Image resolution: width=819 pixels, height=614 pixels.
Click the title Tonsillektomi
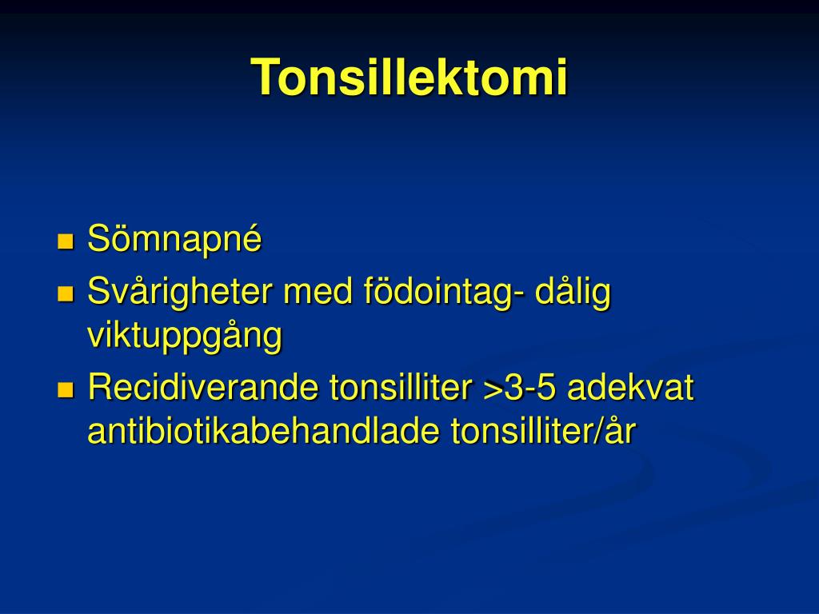click(409, 78)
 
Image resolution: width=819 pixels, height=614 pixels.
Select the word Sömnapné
click(174, 239)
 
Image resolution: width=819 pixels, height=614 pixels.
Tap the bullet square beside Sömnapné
click(66, 241)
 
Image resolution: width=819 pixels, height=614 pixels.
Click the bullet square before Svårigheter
click(66, 294)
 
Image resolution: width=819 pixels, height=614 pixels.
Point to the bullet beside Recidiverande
click(66, 390)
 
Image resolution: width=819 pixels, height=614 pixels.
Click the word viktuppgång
click(185, 337)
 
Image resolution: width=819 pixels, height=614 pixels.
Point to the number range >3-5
click(519, 389)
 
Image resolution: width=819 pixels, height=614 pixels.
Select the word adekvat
click(630, 389)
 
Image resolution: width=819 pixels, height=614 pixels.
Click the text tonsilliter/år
click(544, 432)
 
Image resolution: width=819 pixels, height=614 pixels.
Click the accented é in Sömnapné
click(253, 240)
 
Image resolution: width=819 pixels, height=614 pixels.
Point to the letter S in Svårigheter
click(97, 293)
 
